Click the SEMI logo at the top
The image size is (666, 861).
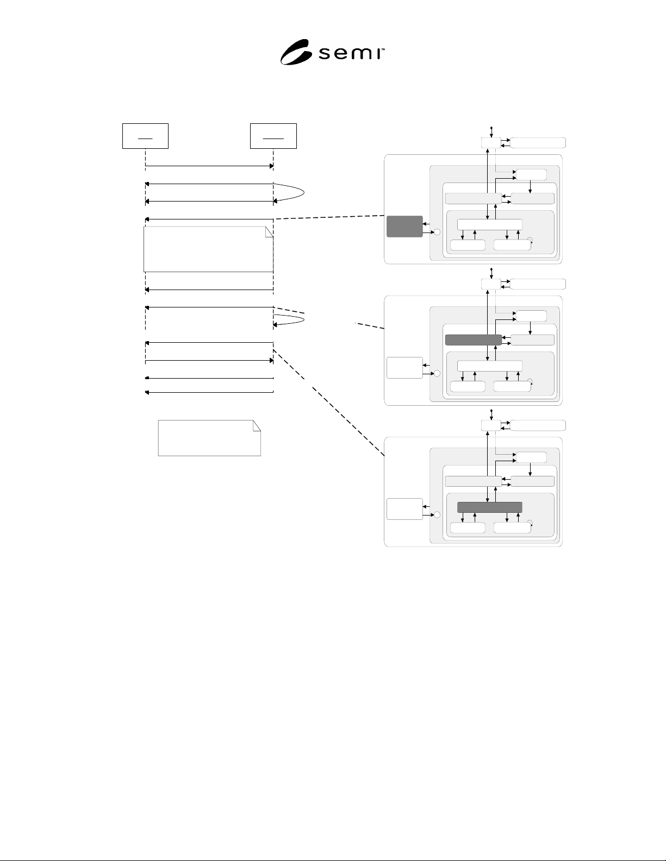coord(332,52)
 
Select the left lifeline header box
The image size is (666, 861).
coord(145,136)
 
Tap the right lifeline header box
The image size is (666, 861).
coord(273,136)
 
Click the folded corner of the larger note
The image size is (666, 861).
coord(269,232)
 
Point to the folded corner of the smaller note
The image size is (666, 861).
coord(257,425)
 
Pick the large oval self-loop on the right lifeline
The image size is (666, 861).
coord(304,193)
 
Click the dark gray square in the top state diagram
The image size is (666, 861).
coord(404,227)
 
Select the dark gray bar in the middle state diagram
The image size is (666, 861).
coord(474,340)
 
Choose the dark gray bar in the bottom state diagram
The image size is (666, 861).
coord(490,507)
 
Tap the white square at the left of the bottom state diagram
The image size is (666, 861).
coord(404,509)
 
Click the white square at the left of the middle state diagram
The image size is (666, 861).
coord(404,368)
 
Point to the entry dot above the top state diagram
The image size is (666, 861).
coord(491,128)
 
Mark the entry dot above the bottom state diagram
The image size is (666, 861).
coord(491,411)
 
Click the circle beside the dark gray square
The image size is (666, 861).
coord(437,232)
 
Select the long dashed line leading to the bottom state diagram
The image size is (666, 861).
coord(328,403)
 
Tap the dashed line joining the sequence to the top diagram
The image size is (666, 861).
coord(330,217)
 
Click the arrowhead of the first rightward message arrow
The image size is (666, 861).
coord(271,166)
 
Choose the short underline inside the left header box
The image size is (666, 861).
coord(145,139)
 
